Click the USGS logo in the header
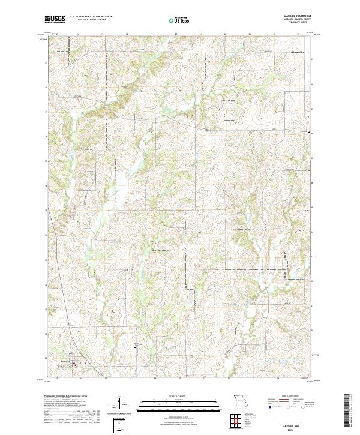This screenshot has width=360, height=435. (55, 20)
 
